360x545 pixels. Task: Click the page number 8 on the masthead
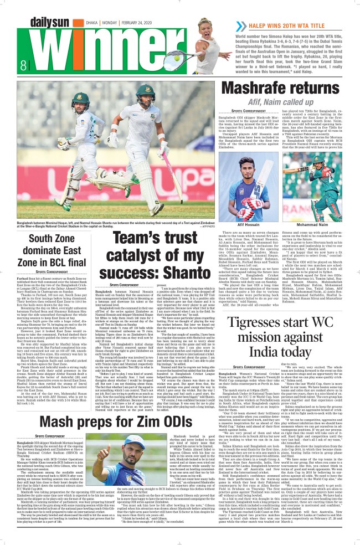8,64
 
